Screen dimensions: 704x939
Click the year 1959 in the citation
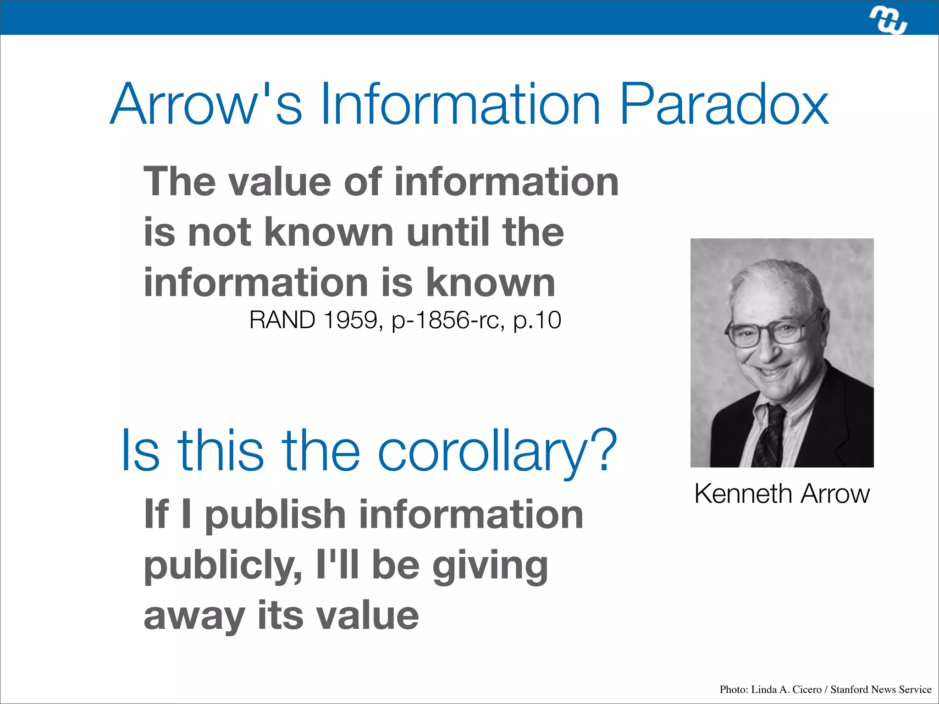(x=351, y=320)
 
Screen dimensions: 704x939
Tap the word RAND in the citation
(x=282, y=320)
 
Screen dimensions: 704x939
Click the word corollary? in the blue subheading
(x=497, y=451)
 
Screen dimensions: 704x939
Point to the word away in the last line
(x=194, y=616)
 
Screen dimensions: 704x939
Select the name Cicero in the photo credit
(x=807, y=689)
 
